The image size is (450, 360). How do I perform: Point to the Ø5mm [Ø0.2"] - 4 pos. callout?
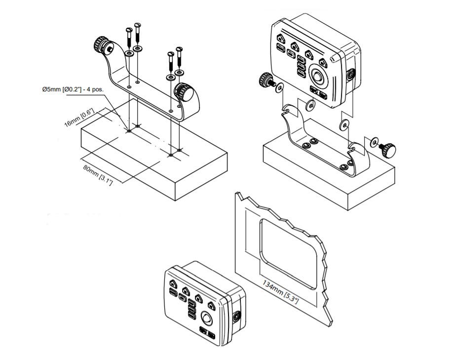point(73,89)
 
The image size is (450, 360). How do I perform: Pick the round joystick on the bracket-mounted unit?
point(317,76)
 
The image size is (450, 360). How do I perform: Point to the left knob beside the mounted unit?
point(266,80)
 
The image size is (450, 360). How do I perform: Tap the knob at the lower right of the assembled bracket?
point(388,150)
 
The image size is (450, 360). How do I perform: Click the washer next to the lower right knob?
point(374,142)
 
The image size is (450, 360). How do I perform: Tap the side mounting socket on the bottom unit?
point(237,317)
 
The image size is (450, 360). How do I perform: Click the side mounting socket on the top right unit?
point(351,75)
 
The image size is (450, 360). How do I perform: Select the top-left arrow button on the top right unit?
point(281,38)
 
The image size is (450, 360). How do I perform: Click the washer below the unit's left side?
point(310,105)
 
